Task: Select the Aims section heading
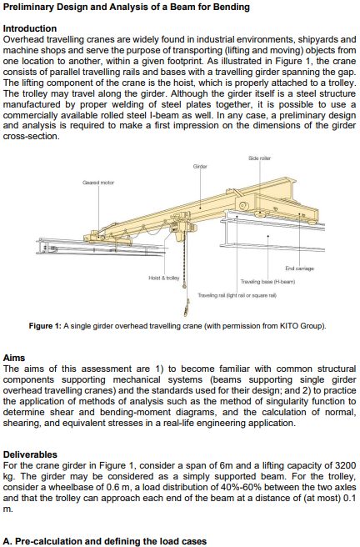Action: tap(15, 357)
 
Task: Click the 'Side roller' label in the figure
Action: tap(259, 158)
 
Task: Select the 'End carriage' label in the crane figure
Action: tap(299, 268)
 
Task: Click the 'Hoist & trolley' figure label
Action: tap(162, 276)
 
